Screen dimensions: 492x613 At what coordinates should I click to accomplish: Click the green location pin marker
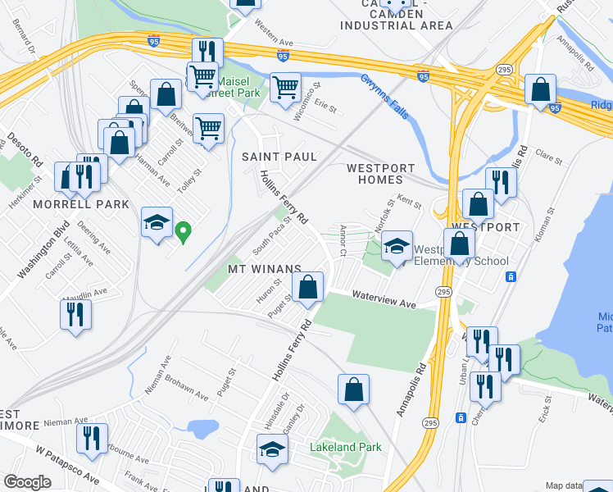click(184, 233)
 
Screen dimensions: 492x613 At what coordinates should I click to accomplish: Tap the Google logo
click(27, 482)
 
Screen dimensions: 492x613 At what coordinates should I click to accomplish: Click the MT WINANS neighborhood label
click(264, 269)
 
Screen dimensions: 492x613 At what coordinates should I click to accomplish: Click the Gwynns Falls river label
click(386, 98)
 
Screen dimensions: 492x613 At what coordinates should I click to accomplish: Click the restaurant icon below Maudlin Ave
click(75, 314)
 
